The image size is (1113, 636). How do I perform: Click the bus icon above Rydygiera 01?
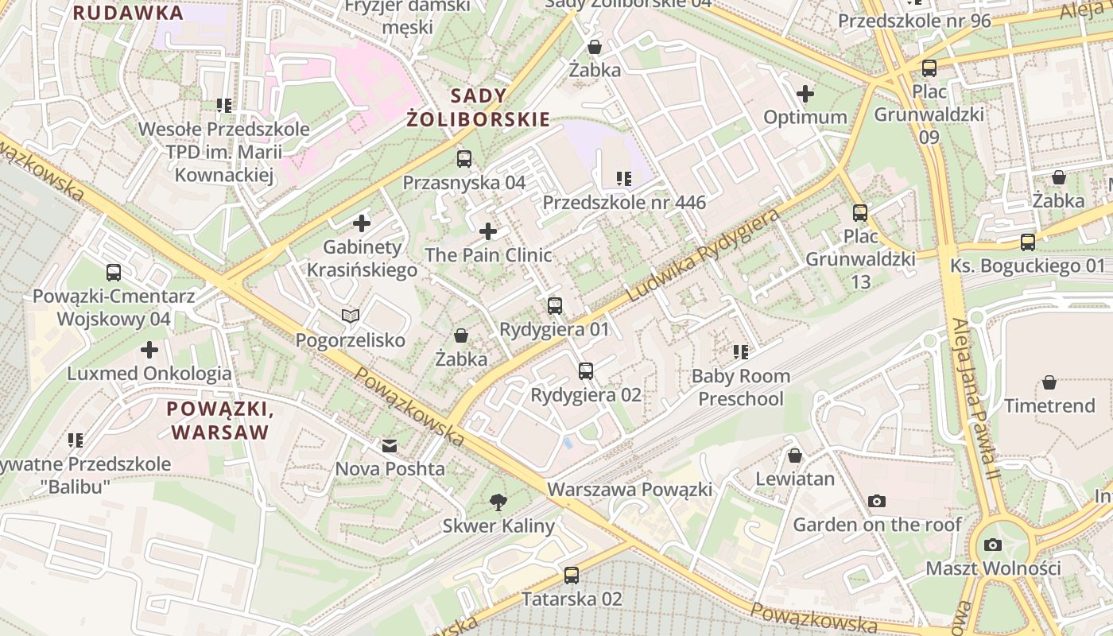tap(555, 305)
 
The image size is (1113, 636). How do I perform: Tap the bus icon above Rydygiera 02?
tap(586, 370)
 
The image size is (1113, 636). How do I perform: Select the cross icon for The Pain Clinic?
tap(488, 231)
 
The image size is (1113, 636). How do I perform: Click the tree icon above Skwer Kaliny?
tap(498, 502)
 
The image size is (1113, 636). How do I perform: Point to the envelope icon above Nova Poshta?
tap(390, 445)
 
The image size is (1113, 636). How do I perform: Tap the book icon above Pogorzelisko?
tap(351, 316)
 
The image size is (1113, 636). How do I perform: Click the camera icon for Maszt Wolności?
tap(993, 545)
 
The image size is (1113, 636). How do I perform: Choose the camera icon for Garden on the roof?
tap(877, 501)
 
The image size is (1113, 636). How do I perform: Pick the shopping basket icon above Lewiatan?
tap(794, 456)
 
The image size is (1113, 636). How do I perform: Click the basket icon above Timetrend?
tap(1049, 382)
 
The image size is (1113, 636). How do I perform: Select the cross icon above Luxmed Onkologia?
tap(149, 350)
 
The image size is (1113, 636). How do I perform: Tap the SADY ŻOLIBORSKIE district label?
tap(478, 108)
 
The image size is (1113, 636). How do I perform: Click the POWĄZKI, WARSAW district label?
tap(220, 421)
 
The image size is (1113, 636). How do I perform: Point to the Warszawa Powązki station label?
tap(630, 489)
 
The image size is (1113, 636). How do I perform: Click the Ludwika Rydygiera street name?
tap(703, 255)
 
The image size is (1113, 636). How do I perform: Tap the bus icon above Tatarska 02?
tap(572, 575)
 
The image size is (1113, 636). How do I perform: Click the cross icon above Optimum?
tap(805, 94)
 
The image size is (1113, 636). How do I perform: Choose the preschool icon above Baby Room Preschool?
tap(741, 351)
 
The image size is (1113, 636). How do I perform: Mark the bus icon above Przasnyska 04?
tap(464, 158)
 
